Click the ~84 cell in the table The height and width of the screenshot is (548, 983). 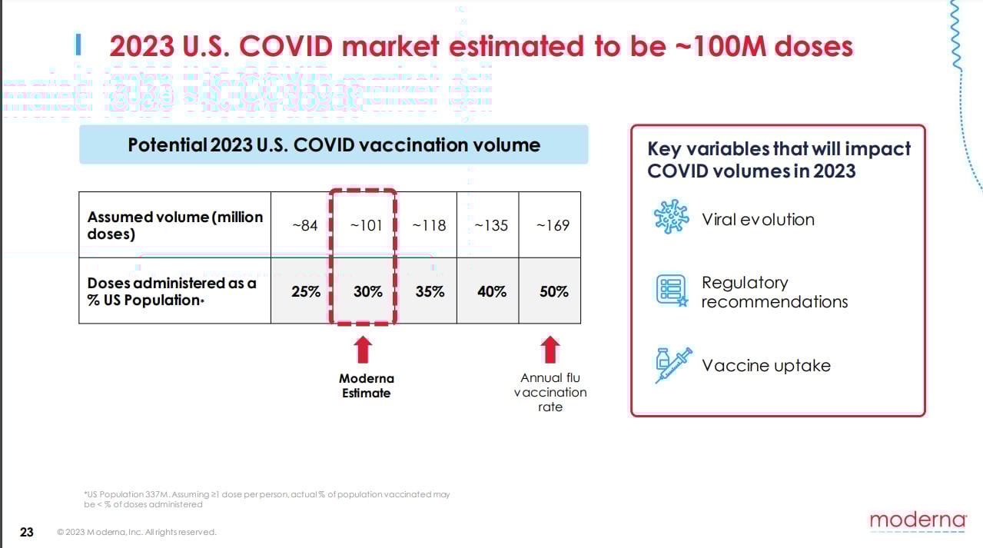pos(305,225)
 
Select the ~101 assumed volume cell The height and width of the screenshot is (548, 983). pos(366,225)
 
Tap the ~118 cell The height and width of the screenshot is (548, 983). pos(429,225)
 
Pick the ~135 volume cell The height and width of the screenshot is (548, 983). pos(490,225)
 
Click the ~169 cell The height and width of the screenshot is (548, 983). pos(553,225)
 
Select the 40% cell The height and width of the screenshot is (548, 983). pos(491,291)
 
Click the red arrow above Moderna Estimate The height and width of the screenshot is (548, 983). pos(363,350)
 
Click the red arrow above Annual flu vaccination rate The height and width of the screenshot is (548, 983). pos(550,350)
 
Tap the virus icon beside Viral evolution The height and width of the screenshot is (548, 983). pos(671,217)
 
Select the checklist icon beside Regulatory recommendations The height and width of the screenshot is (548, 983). pos(671,291)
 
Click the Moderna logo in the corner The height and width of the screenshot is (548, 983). pos(918,520)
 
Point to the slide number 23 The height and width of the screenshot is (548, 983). pos(27,532)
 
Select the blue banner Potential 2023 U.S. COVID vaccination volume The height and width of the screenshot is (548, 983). pos(334,144)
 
